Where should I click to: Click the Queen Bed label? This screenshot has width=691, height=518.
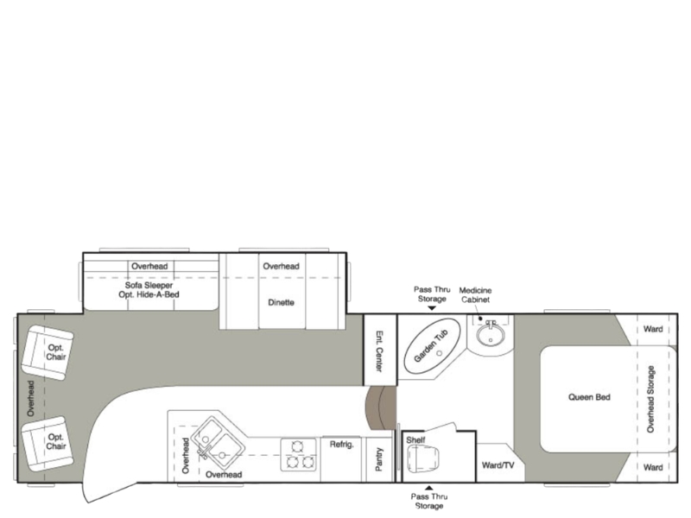(x=589, y=397)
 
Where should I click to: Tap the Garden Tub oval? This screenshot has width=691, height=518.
(x=433, y=346)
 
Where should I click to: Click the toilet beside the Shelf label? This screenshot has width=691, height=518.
(x=423, y=458)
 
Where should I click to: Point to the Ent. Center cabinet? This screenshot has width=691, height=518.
(x=380, y=350)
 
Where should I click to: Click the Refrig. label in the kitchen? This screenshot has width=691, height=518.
(x=341, y=445)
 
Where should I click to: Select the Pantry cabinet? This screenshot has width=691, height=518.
(x=379, y=459)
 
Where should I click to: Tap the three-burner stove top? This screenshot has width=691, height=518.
(x=299, y=455)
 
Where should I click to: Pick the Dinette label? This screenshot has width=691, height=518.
(x=282, y=303)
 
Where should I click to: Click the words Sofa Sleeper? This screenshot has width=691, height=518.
(x=149, y=285)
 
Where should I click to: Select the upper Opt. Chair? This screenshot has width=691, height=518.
(x=48, y=353)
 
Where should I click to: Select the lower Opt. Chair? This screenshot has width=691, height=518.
(x=48, y=444)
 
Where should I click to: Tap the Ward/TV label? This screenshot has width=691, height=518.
(x=498, y=465)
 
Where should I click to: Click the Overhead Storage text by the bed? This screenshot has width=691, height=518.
(x=650, y=399)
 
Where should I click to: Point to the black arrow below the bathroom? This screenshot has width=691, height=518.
(x=428, y=488)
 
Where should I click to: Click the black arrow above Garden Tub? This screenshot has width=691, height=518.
(x=432, y=308)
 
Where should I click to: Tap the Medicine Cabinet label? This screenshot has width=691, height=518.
(x=476, y=294)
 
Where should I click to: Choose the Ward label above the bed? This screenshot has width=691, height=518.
(x=653, y=329)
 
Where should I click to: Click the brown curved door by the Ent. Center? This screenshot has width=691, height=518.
(x=380, y=407)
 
